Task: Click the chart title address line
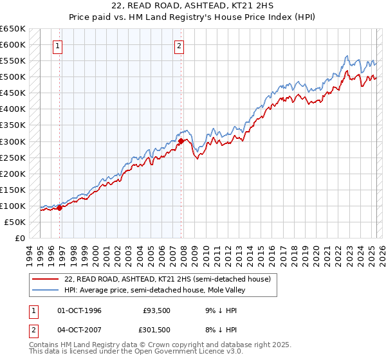pyautogui.click(x=193, y=6)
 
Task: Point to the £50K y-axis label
pyautogui.click(x=15, y=222)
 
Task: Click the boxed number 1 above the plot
pyautogui.click(x=59, y=46)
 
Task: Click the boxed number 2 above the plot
pyautogui.click(x=178, y=46)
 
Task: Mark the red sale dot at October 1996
pyautogui.click(x=60, y=208)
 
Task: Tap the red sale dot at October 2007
pyautogui.click(x=181, y=141)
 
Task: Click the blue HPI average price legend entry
pyautogui.click(x=155, y=290)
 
